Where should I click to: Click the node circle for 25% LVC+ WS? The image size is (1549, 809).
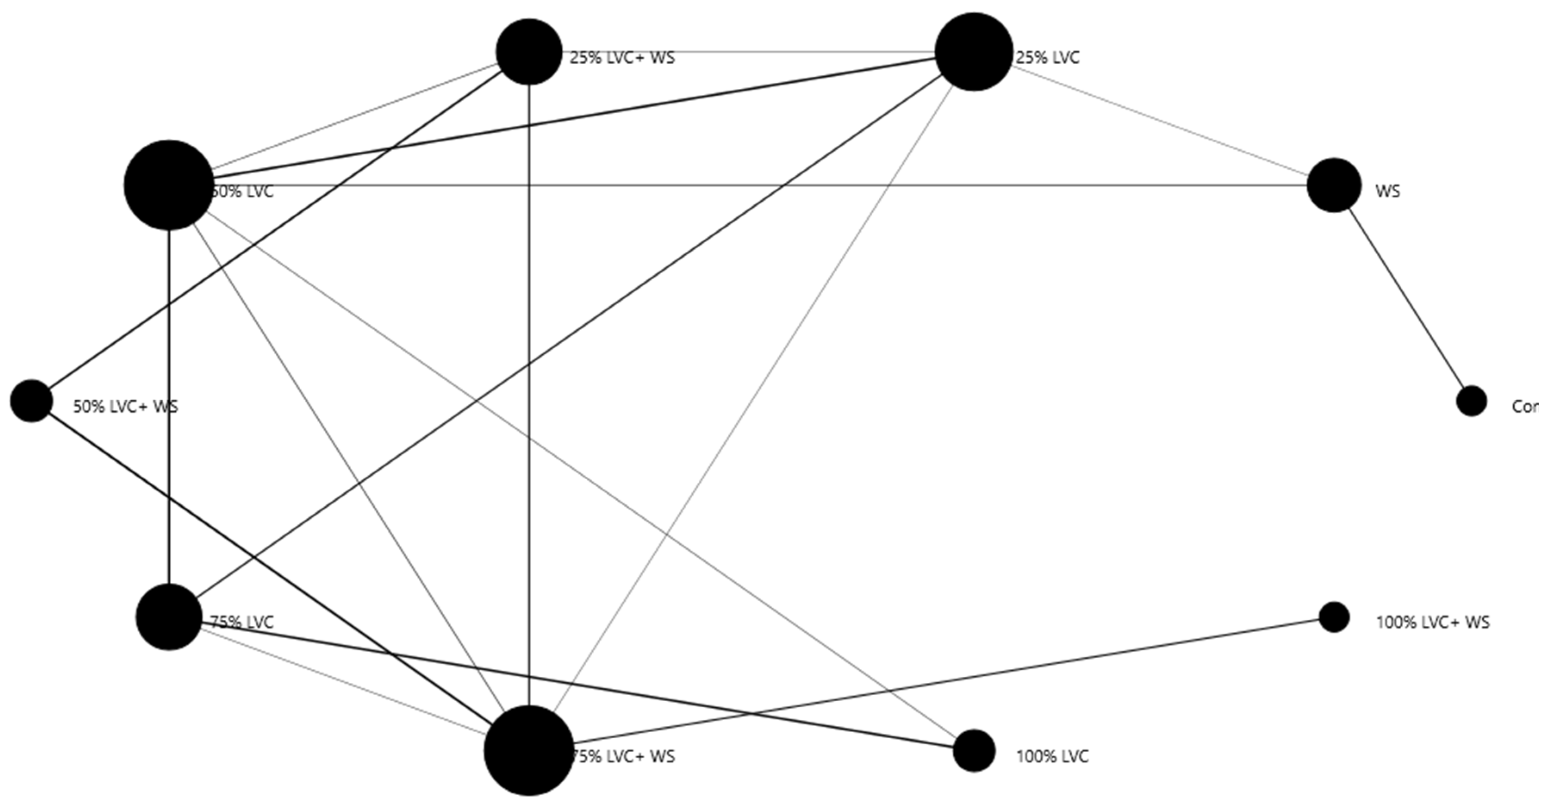pyautogui.click(x=529, y=52)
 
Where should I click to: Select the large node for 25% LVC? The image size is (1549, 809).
pyautogui.click(x=974, y=52)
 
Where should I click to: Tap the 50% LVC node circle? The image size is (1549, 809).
pyautogui.click(x=169, y=185)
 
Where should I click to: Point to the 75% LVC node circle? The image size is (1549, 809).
pyautogui.click(x=169, y=617)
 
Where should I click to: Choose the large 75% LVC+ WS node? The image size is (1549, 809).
pyautogui.click(x=529, y=751)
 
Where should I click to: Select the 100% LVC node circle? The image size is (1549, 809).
pyautogui.click(x=974, y=751)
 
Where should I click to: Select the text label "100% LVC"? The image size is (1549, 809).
pyautogui.click(x=1052, y=756)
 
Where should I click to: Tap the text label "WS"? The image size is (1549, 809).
pyautogui.click(x=1387, y=191)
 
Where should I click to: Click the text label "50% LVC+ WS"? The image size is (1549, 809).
pyautogui.click(x=125, y=406)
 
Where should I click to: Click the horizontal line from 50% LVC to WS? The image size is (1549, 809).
pyautogui.click(x=782, y=185)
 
